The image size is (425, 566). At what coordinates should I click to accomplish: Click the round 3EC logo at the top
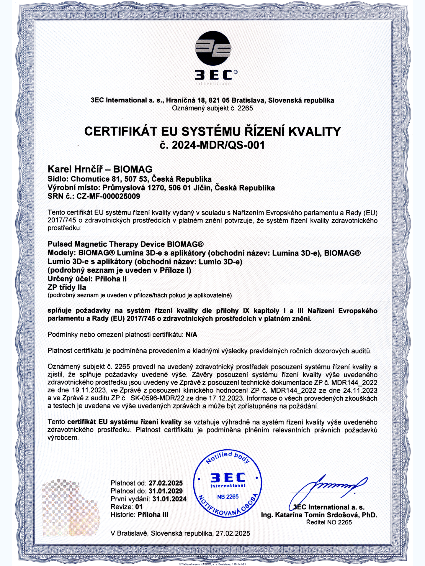(213, 48)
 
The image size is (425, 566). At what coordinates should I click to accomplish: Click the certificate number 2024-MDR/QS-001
(218, 145)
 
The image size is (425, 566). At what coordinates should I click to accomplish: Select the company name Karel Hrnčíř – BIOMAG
(100, 169)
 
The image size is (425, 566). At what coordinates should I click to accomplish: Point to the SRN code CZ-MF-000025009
(108, 196)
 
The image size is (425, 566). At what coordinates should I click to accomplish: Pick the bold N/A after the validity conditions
(192, 335)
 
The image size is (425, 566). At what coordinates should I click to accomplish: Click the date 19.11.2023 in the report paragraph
(89, 390)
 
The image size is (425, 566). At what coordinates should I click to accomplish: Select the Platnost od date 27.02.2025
(166, 483)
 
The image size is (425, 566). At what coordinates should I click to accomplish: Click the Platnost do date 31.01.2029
(166, 491)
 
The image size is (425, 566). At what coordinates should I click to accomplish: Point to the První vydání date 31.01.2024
(169, 499)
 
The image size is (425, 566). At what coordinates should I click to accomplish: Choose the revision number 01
(139, 507)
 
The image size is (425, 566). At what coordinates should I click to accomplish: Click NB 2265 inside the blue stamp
(228, 497)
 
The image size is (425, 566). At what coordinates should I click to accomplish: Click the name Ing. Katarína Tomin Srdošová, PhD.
(319, 515)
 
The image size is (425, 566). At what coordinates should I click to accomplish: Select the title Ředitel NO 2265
(329, 522)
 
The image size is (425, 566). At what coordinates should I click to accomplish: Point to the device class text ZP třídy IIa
(67, 287)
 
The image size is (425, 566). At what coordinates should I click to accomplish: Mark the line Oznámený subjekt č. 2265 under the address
(212, 108)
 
